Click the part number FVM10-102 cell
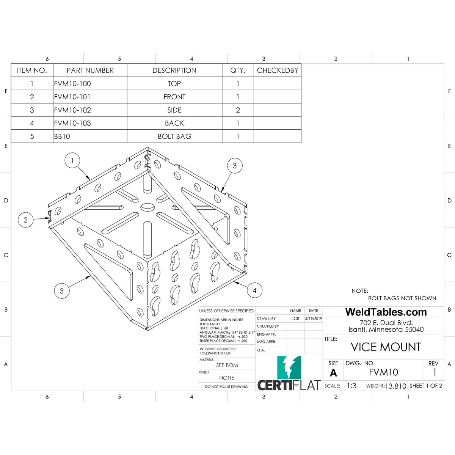pyautogui.click(x=73, y=110)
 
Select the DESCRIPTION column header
pyautogui.click(x=174, y=71)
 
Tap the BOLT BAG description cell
pyautogui.click(x=174, y=136)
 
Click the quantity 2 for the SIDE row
pyautogui.click(x=238, y=110)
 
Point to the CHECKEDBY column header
pyautogui.click(x=278, y=71)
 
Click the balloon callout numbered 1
pyautogui.click(x=72, y=160)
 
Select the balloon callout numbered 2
pyautogui.click(x=26, y=220)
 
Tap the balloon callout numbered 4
pyautogui.click(x=254, y=290)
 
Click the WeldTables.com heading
pyautogui.click(x=386, y=312)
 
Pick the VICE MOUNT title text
pyautogui.click(x=386, y=347)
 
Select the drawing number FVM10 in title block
pyautogui.click(x=383, y=372)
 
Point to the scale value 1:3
pyautogui.click(x=351, y=386)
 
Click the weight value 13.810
pyautogui.click(x=395, y=386)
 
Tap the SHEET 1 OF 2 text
pyautogui.click(x=426, y=386)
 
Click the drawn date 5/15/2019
pyautogui.click(x=314, y=319)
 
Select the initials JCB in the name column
pyautogui.click(x=295, y=319)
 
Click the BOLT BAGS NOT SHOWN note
pyautogui.click(x=402, y=298)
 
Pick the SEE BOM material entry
pyautogui.click(x=227, y=365)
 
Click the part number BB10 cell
pyautogui.click(x=62, y=136)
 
